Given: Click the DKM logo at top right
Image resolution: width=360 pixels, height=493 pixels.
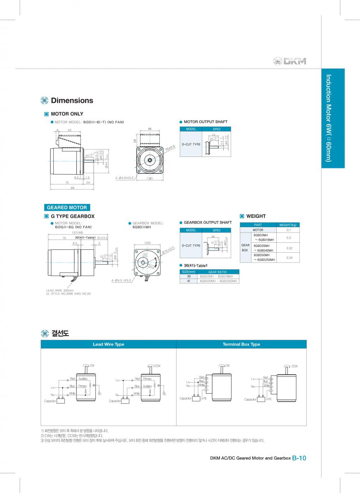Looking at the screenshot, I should coord(290,61).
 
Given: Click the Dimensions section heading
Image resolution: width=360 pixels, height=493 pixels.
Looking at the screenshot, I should coord(72,101).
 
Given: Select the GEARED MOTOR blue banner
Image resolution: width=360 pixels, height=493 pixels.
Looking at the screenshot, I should coord(66,207).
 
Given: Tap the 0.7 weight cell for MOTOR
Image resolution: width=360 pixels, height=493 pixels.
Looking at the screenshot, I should coord(288,230).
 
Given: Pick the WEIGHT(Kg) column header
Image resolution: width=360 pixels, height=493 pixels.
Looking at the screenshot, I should coord(288,225).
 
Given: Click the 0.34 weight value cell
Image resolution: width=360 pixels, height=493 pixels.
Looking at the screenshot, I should coord(288,258).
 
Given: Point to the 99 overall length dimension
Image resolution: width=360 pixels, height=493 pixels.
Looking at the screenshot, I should coord(72,188).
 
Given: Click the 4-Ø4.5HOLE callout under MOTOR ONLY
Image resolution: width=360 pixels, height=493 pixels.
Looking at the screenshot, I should coord(124,178).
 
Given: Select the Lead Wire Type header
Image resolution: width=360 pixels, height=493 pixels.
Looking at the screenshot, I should coord(108,344).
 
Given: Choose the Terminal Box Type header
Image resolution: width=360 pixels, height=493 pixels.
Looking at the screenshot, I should coord(241,344).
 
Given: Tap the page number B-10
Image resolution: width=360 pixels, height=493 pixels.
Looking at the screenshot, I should coord(299,458).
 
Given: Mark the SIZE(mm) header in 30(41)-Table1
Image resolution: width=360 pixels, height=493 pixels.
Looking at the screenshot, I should coord(189,272).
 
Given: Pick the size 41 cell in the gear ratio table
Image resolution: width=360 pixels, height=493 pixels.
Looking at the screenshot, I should coord(189,281).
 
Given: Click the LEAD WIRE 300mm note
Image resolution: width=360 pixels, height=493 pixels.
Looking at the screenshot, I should coord(60,290).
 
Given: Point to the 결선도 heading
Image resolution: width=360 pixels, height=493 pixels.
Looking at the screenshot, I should coord(60,333).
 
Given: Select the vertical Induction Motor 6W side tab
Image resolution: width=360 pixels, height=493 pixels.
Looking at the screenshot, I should coord(332,118).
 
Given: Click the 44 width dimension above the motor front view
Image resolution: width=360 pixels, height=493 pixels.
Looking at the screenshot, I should coord(149,129).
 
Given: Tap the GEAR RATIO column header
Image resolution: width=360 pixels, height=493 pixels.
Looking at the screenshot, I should coord(218,272).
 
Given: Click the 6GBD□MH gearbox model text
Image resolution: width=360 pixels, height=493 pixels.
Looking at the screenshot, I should coord(142,227).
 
